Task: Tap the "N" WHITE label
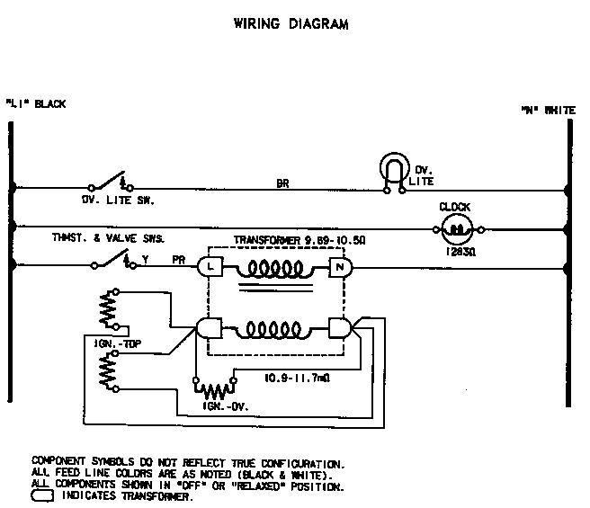[x=548, y=110]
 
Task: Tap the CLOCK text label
[x=455, y=207]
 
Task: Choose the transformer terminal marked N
[x=340, y=266]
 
